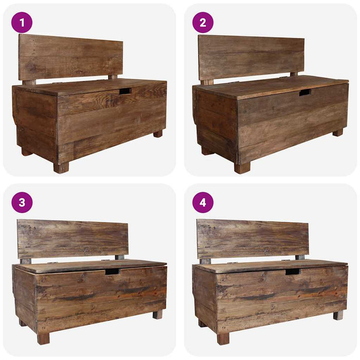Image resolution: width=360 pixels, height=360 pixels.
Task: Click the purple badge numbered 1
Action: click(22, 23)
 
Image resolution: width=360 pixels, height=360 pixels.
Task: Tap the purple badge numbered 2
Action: click(203, 23)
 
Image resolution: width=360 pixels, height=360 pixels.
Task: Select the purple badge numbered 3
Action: click(22, 202)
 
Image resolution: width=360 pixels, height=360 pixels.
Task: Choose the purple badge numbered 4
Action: click(203, 202)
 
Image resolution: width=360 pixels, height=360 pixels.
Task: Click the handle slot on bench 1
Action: click(125, 91)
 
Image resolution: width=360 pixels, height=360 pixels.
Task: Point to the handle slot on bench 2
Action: click(305, 93)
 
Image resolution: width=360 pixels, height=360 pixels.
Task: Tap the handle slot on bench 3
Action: click(112, 271)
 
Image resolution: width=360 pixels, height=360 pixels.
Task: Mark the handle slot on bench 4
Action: click(292, 271)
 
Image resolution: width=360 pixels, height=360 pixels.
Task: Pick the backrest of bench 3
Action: click(73, 239)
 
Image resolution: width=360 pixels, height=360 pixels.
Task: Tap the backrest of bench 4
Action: click(253, 239)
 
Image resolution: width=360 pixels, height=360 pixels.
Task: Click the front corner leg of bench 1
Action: click(61, 168)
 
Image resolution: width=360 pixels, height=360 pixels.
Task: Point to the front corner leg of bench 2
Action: click(242, 168)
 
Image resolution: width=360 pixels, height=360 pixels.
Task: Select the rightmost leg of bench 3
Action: click(157, 314)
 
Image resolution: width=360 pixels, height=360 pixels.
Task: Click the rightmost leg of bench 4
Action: click(338, 315)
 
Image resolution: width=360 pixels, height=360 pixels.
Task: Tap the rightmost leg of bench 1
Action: click(158, 133)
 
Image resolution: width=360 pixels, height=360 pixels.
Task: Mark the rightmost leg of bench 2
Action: click(337, 132)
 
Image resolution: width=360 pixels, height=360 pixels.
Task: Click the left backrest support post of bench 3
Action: click(25, 261)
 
